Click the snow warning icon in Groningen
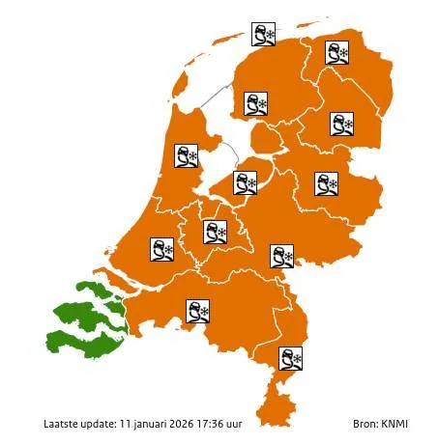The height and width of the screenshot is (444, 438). click(337, 54)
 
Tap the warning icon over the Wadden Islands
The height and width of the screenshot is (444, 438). click(262, 36)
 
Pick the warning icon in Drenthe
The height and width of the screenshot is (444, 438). click(341, 125)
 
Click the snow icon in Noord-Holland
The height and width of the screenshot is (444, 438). click(186, 155)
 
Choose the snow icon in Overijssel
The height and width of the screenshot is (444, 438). click(327, 182)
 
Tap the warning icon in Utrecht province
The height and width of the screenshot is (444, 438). click(214, 232)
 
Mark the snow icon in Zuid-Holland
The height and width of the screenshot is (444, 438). click(161, 249)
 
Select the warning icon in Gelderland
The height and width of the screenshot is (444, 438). click(281, 257)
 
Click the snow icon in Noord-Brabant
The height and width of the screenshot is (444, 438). click(197, 312)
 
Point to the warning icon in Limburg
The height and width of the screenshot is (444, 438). click(290, 358)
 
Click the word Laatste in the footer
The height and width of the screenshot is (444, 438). click(62, 424)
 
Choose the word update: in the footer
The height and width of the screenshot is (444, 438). click(100, 424)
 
